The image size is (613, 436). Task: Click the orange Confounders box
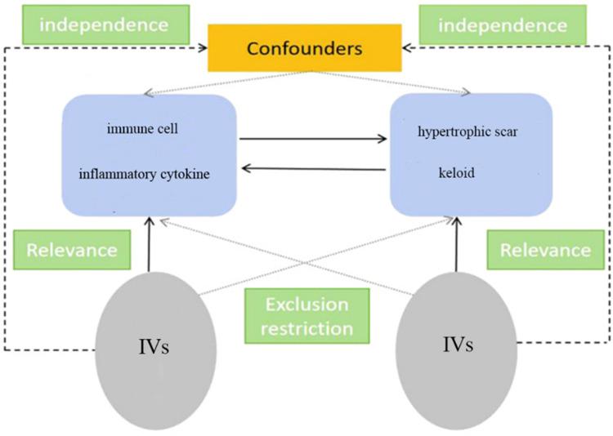point(305,48)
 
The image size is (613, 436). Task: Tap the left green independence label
point(105,24)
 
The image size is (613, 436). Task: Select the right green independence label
point(503,24)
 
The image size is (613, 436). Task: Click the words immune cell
point(142,128)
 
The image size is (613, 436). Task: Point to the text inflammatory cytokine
point(144,174)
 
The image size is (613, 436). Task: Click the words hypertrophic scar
point(468,131)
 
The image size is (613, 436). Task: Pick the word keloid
point(457,172)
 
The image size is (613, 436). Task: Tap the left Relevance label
point(72,250)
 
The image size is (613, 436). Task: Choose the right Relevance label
point(546,250)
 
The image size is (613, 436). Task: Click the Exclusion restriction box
point(306,316)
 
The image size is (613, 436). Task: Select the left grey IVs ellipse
point(155,351)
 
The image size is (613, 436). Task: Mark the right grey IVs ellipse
point(457,350)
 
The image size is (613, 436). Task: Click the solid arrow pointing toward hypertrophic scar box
point(313,139)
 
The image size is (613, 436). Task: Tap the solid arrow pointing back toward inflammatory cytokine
point(314,169)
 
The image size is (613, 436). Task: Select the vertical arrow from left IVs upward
point(149,244)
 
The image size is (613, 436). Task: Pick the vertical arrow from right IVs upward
point(456,244)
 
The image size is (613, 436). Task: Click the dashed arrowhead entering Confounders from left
point(204,48)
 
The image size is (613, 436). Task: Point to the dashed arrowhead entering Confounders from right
point(406,48)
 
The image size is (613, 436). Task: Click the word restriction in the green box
point(306,329)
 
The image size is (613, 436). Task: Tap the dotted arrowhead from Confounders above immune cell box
point(149,93)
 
